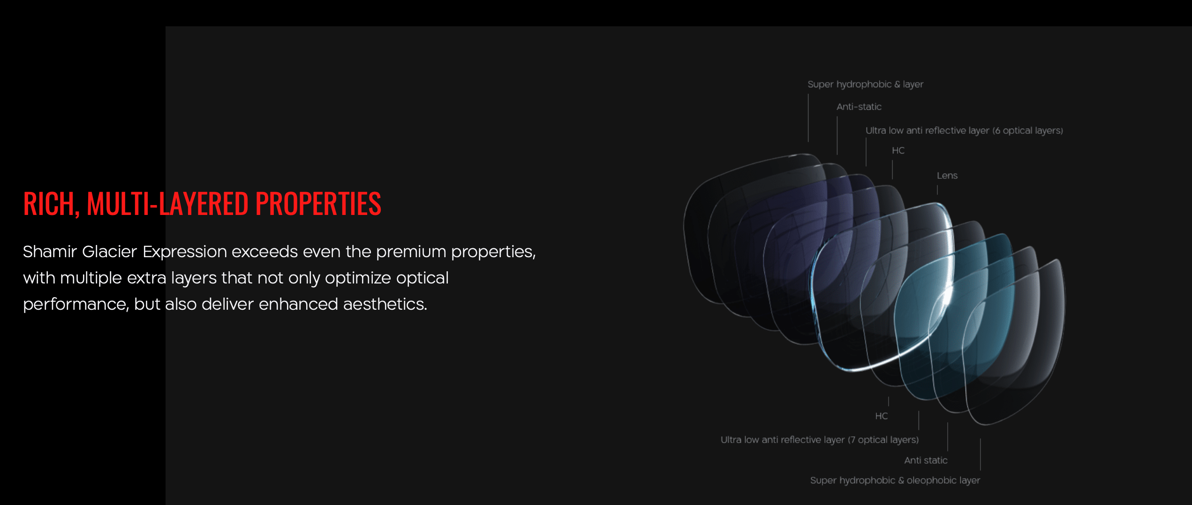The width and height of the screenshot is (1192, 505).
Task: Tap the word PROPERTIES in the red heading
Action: point(318,204)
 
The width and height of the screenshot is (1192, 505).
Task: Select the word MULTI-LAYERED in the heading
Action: point(167,204)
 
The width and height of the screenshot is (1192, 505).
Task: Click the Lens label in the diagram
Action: point(947,176)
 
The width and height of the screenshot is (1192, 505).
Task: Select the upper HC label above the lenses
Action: point(898,151)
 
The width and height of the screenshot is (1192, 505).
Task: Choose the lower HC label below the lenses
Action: point(881,416)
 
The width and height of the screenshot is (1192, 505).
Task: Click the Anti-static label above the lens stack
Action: point(859,107)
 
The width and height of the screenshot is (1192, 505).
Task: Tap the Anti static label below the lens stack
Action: point(926,460)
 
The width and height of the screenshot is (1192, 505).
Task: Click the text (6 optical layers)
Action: point(1027,131)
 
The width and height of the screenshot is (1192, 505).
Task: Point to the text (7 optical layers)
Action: point(883,440)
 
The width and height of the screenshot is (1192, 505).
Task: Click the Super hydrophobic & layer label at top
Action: point(865,84)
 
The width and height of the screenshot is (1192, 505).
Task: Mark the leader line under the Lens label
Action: point(937,190)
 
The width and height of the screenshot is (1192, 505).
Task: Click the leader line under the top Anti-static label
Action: point(837,136)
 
